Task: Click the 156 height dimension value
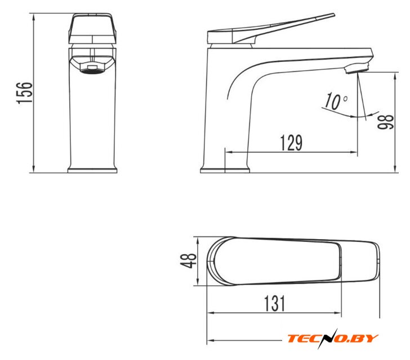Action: [x=25, y=93]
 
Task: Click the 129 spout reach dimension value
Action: [x=291, y=143]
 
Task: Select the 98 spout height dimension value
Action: [x=386, y=121]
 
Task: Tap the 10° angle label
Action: [x=336, y=101]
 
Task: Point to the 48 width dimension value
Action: [x=188, y=261]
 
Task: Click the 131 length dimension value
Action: [x=275, y=303]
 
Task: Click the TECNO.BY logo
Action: [x=333, y=338]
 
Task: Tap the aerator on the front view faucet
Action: [x=92, y=69]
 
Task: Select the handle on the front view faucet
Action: [x=92, y=28]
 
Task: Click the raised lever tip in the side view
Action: [x=332, y=15]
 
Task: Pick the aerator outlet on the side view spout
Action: [x=356, y=69]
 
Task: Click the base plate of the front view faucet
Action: [x=92, y=170]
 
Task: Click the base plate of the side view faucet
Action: [x=225, y=170]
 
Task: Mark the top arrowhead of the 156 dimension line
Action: [x=33, y=17]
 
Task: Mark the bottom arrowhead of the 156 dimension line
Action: [x=33, y=169]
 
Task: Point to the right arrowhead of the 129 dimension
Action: [x=354, y=152]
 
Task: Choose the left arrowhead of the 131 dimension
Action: [x=211, y=313]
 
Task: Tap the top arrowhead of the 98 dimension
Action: [x=395, y=76]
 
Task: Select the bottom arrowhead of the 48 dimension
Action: [x=198, y=282]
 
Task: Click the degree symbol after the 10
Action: [x=345, y=99]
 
